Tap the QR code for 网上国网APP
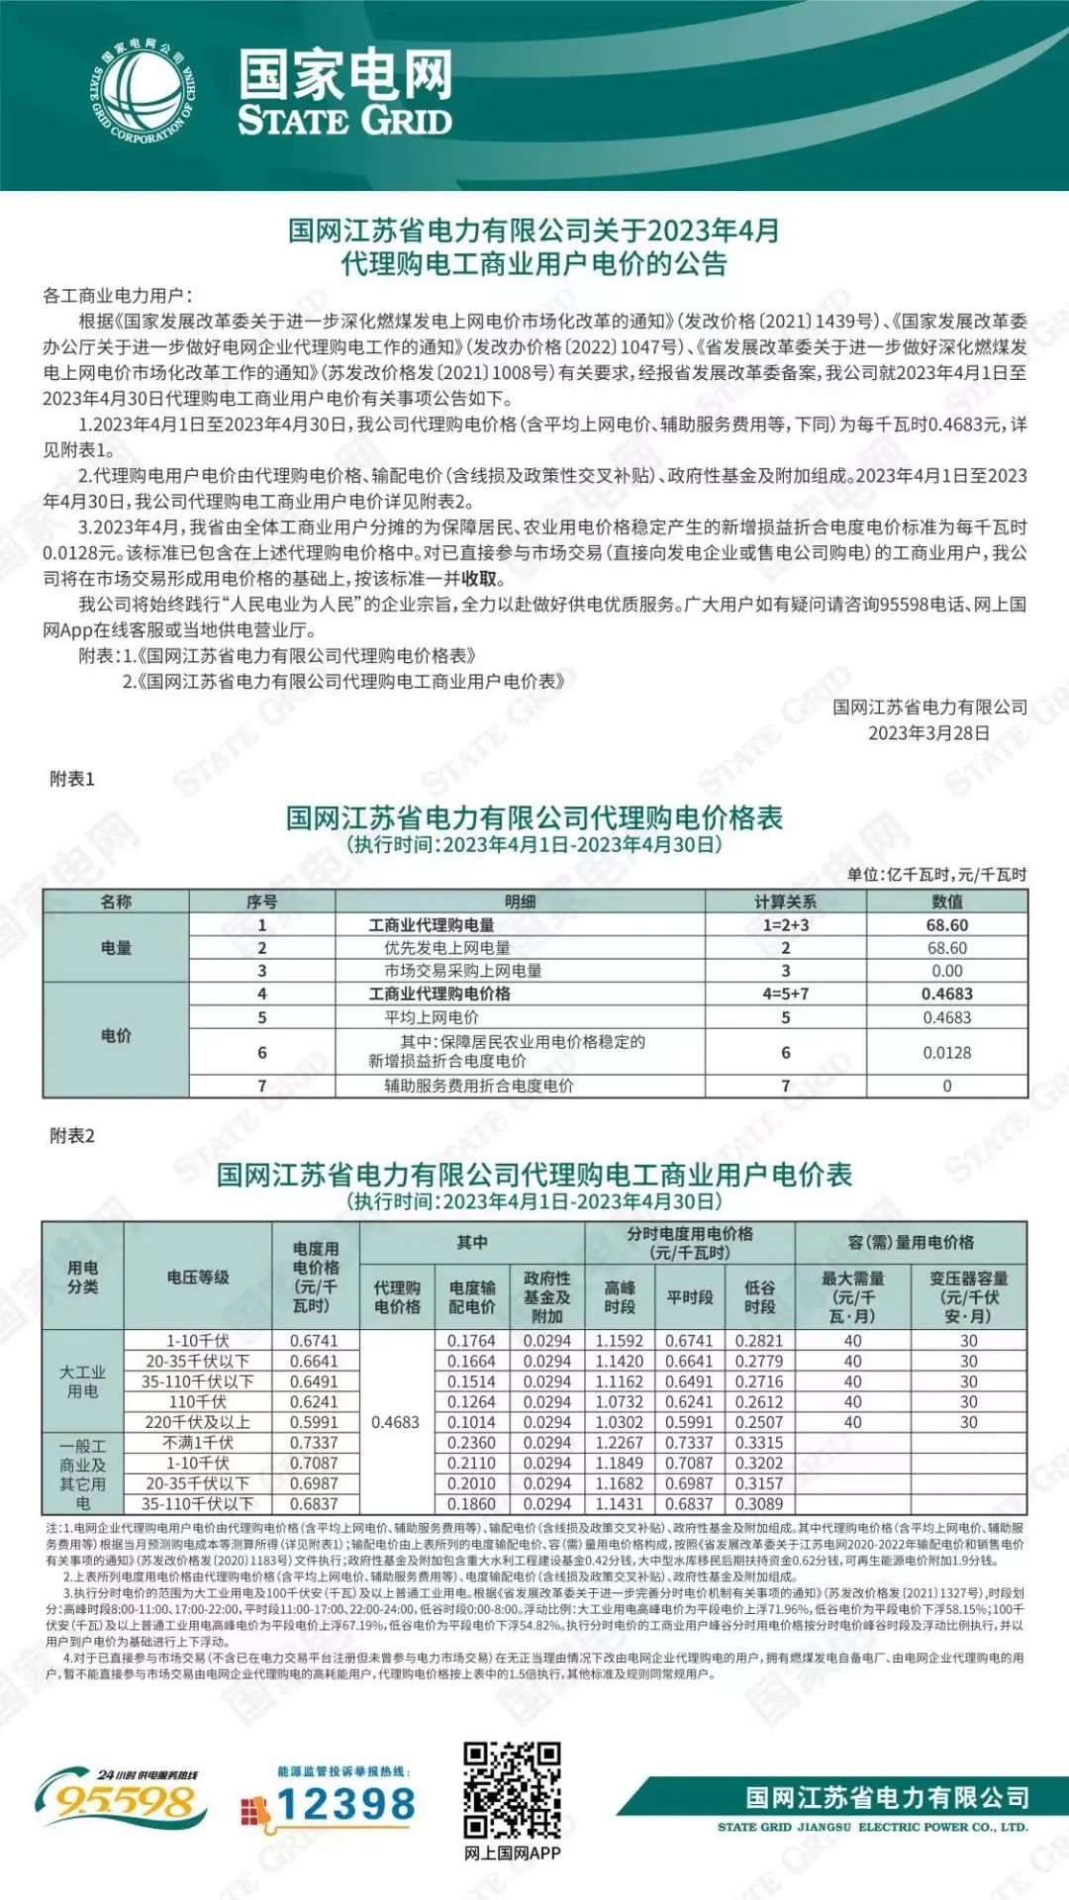pyautogui.click(x=512, y=1788)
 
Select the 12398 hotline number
pyautogui.click(x=345, y=1803)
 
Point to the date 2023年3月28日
pyautogui.click(x=928, y=733)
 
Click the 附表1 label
pyautogui.click(x=72, y=780)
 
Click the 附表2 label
pyautogui.click(x=72, y=1136)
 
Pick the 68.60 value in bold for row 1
pyautogui.click(x=946, y=925)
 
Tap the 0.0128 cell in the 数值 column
pyautogui.click(x=946, y=1053)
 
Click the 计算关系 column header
pyautogui.click(x=785, y=902)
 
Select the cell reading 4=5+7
pyautogui.click(x=785, y=994)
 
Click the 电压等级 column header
pyautogui.click(x=198, y=1277)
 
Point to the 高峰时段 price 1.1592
pyautogui.click(x=619, y=1341)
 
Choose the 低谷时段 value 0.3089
pyautogui.click(x=759, y=1504)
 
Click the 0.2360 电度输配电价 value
pyautogui.click(x=471, y=1443)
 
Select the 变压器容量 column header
pyautogui.click(x=968, y=1296)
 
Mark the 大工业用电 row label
pyautogui.click(x=82, y=1381)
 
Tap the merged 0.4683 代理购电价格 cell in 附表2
pyautogui.click(x=396, y=1422)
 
